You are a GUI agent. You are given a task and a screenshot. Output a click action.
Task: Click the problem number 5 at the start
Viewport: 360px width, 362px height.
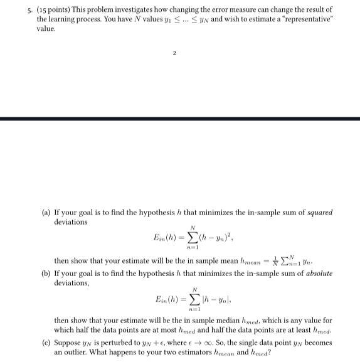click(x=22, y=11)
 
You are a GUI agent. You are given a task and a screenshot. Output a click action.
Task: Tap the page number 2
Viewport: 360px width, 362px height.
click(x=174, y=53)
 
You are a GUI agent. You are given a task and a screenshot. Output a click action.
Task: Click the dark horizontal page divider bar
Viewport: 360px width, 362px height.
click(x=180, y=118)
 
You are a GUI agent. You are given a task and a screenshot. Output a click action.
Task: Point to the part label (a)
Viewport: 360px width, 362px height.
click(x=45, y=213)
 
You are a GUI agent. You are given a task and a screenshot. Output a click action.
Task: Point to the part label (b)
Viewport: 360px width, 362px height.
click(x=45, y=274)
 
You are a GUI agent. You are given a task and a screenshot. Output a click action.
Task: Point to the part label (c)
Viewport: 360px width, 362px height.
click(x=45, y=343)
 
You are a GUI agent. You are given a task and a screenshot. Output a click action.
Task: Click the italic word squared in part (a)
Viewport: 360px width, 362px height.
click(x=319, y=213)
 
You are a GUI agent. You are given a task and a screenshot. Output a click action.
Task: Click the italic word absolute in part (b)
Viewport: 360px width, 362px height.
click(x=318, y=274)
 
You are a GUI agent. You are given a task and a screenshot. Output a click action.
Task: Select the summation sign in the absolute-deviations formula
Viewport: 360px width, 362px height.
click(x=194, y=299)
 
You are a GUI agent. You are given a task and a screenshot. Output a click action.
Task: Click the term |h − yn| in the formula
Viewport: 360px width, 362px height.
click(x=214, y=299)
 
